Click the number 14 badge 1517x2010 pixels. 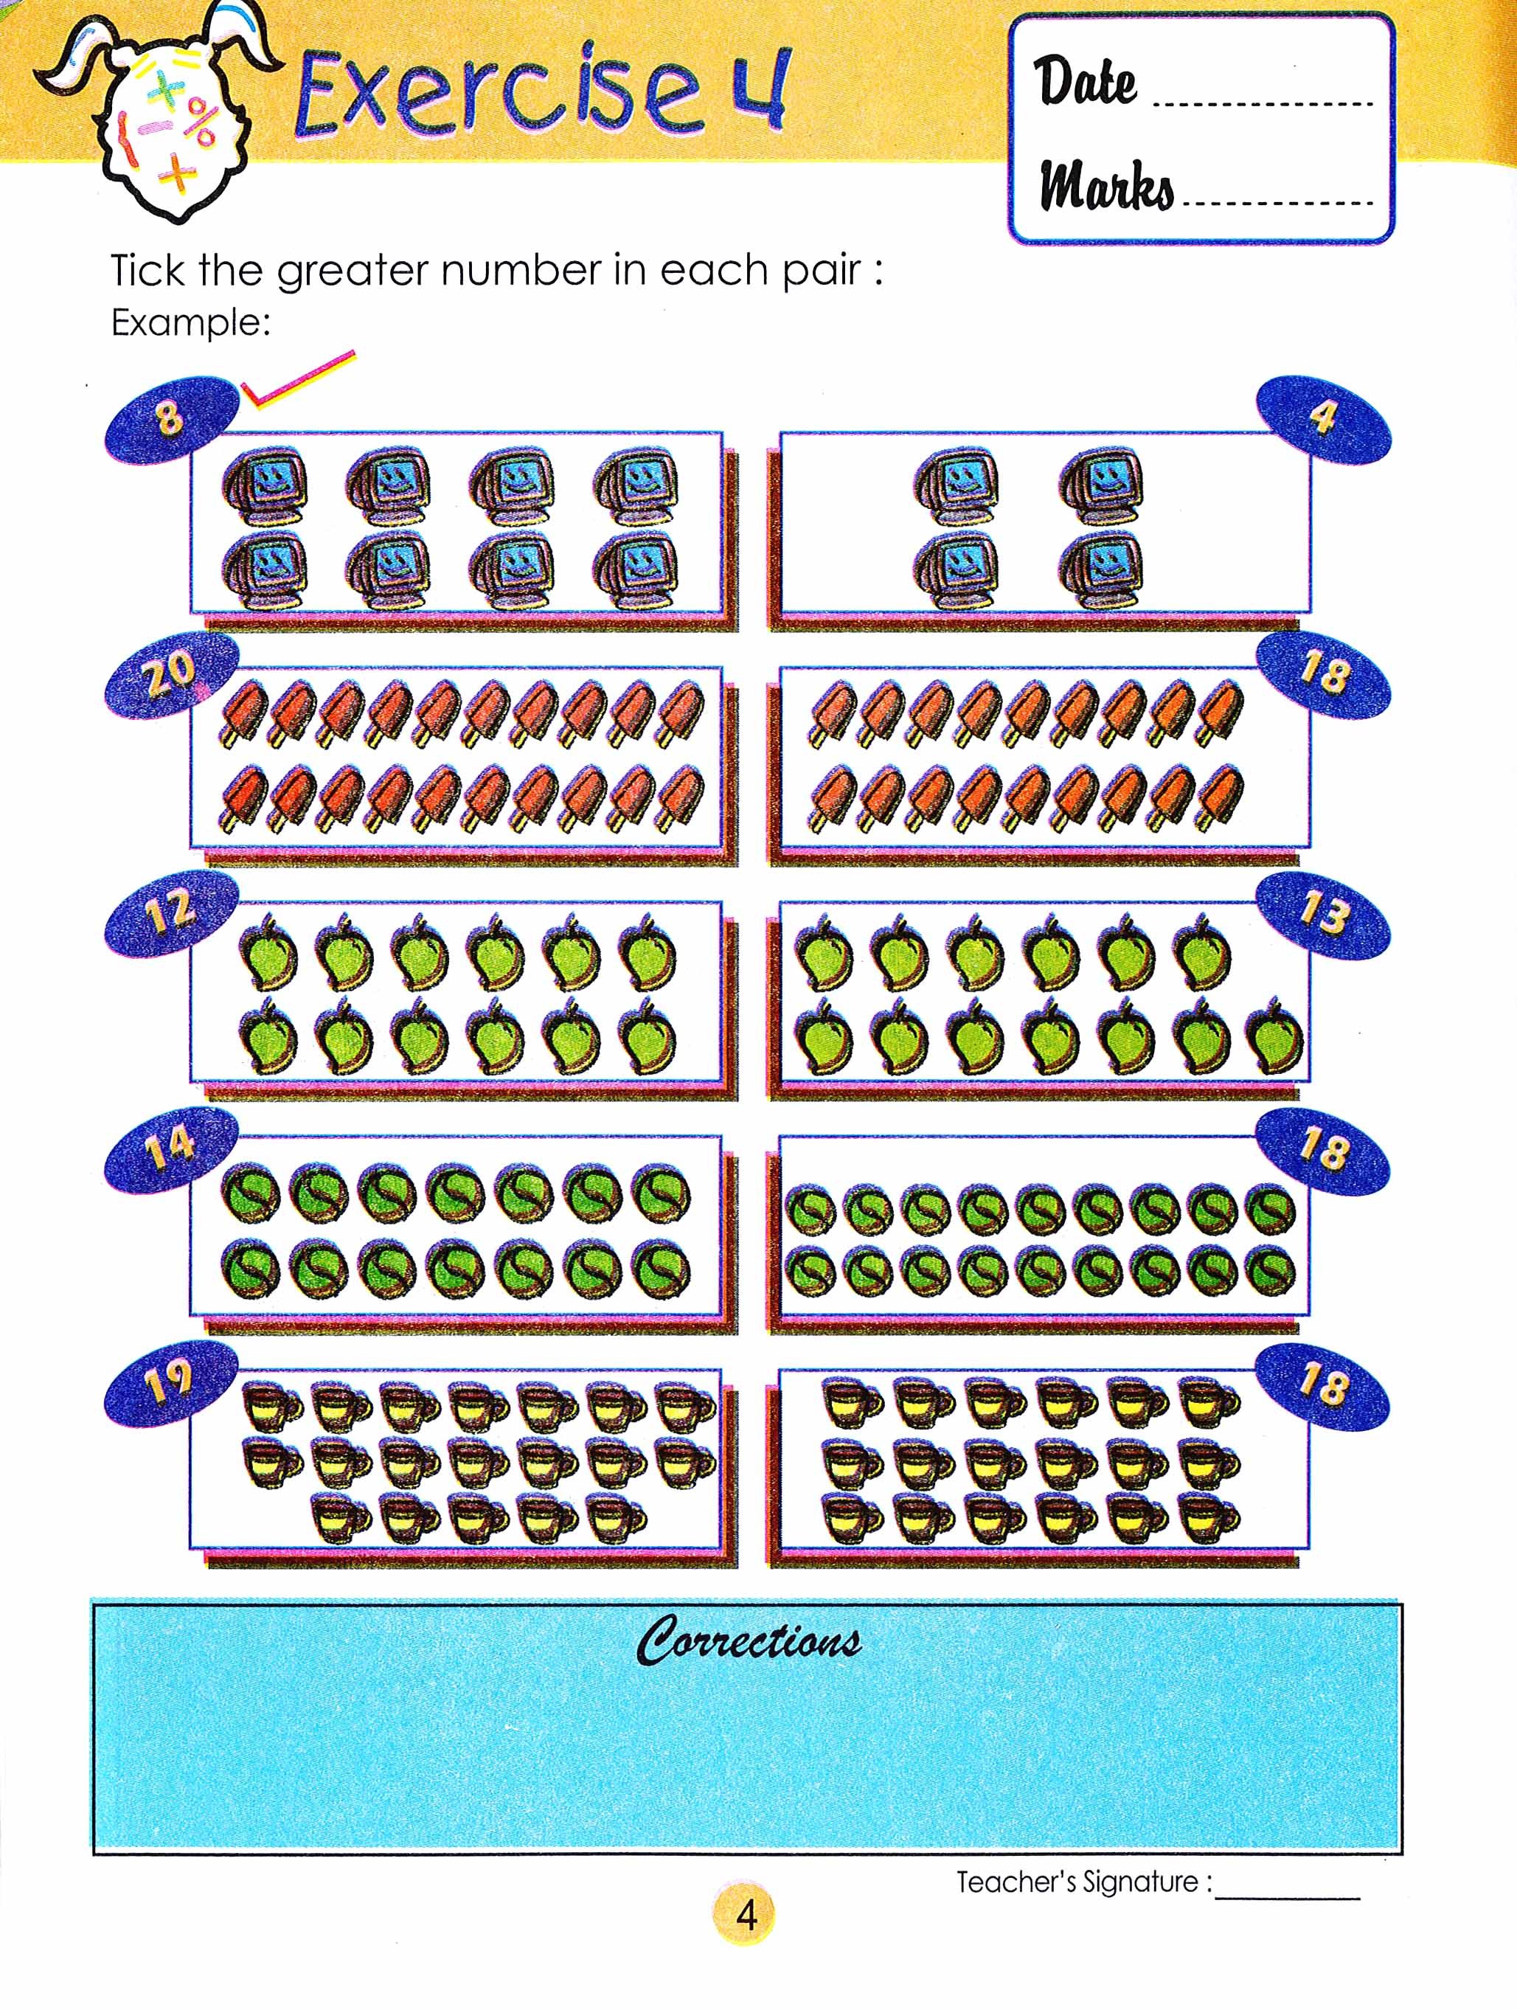coord(171,1148)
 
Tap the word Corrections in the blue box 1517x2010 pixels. coord(749,1641)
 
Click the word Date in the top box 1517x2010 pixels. coord(1086,82)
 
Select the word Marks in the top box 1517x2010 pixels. coord(1107,187)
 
